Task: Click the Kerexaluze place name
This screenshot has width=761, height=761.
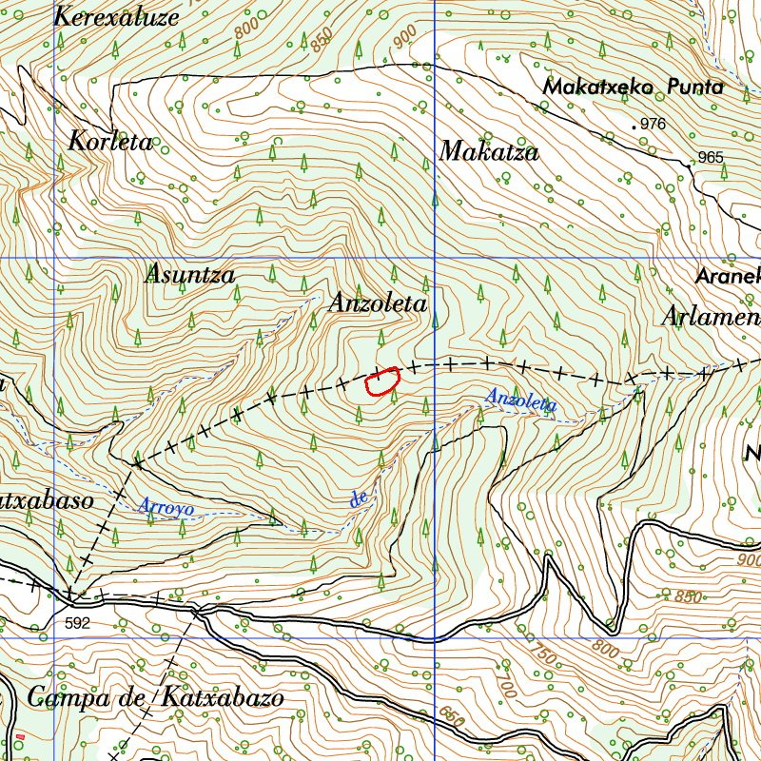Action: [x=116, y=16]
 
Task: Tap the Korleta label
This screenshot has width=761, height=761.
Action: [x=110, y=142]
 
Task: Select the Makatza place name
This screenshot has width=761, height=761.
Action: [x=489, y=151]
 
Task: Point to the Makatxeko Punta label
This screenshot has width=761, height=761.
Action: [x=633, y=87]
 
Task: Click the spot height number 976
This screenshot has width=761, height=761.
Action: [x=654, y=125]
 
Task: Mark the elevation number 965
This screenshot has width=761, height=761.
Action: [x=710, y=158]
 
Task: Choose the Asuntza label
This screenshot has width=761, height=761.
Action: [x=189, y=275]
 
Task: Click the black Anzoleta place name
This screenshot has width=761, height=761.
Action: [x=378, y=303]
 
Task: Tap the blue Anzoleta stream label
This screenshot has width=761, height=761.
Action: [x=520, y=400]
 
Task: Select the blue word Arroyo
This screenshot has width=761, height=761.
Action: [x=166, y=507]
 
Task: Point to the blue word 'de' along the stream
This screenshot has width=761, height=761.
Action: [x=359, y=498]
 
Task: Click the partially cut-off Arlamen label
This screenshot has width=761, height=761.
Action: [x=712, y=317]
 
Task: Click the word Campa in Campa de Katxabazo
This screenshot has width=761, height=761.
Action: [x=69, y=697]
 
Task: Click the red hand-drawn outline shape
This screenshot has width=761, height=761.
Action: [x=381, y=382]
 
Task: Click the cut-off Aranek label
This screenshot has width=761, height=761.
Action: [x=728, y=277]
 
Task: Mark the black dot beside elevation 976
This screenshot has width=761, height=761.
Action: [x=634, y=126]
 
